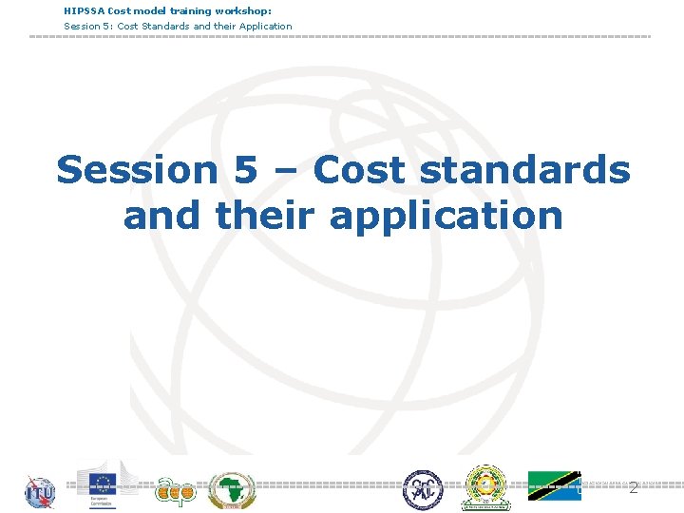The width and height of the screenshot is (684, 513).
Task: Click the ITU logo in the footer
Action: [40, 492]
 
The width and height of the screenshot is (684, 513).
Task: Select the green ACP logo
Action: [175, 489]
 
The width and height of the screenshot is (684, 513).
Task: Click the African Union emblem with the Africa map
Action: [231, 490]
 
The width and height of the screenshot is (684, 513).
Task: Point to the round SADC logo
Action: [423, 490]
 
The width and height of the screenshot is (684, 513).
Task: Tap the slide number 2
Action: [634, 488]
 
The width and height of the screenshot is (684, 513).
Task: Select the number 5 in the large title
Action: [244, 170]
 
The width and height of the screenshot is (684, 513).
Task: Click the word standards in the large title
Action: [523, 170]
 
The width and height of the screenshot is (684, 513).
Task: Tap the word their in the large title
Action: [266, 215]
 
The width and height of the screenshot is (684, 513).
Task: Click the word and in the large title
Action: [162, 215]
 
